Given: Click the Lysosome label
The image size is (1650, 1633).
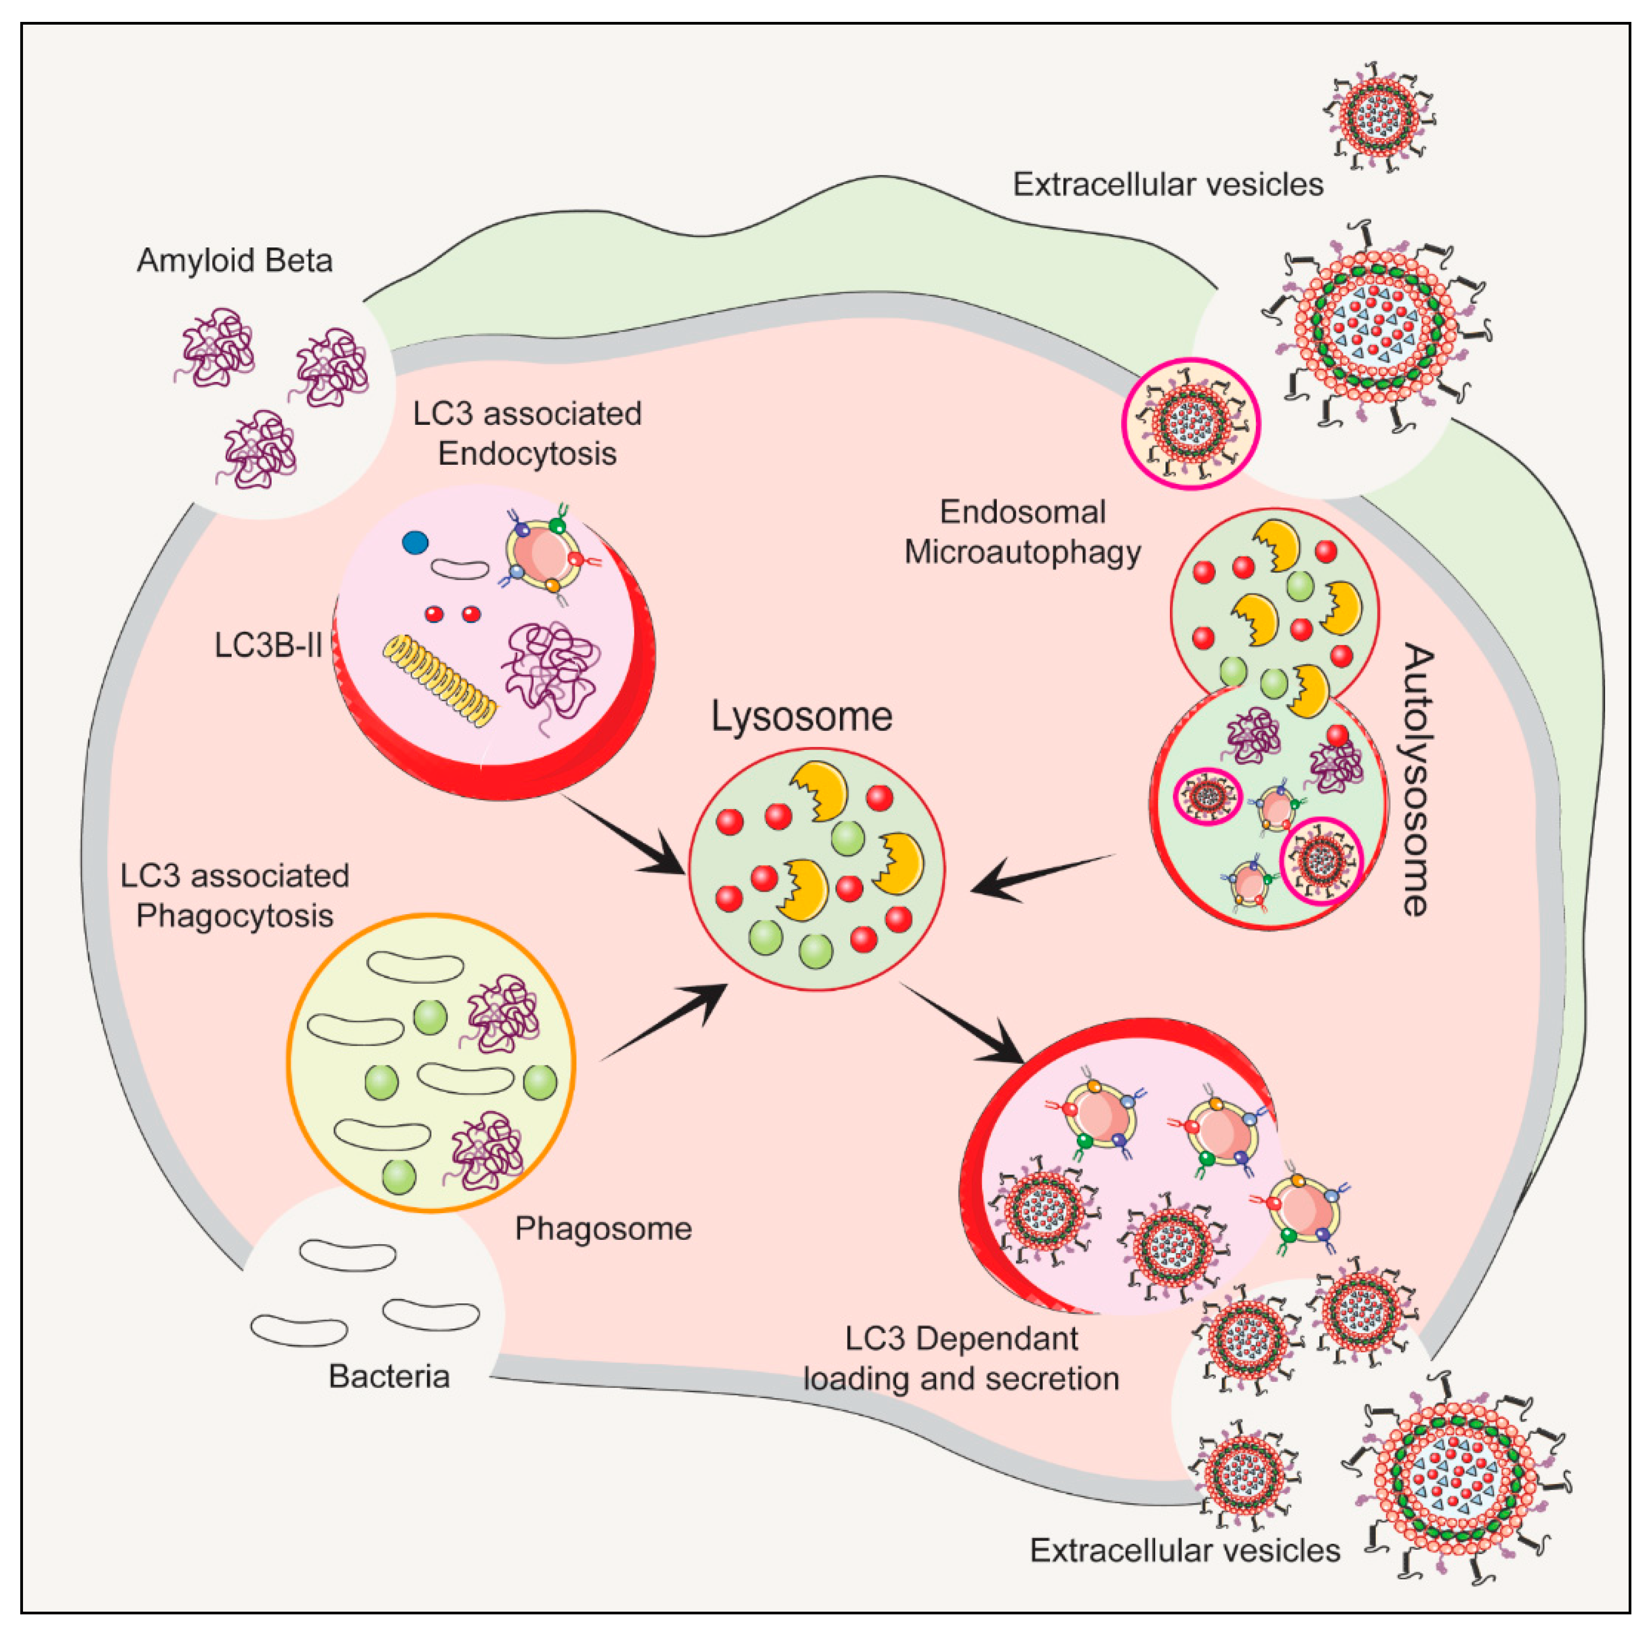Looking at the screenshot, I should coord(801,715).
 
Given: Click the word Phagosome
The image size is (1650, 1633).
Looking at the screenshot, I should coord(603,1228).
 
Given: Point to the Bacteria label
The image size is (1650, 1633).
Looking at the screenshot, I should coord(389,1376).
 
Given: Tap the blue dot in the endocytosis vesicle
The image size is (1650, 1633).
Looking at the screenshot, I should coord(415,543).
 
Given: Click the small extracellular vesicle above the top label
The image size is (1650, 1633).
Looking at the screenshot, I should coord(1378,118).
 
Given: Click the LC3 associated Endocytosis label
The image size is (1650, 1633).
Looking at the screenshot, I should coord(527,433).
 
